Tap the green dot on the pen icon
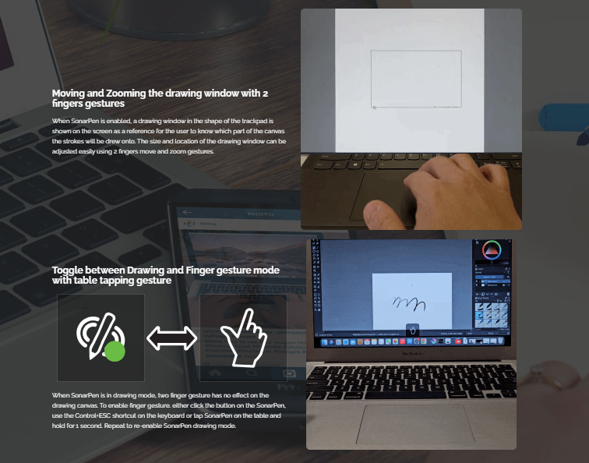[x=115, y=352]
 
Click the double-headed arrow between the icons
[x=171, y=338]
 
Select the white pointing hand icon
[x=243, y=338]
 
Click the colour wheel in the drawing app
[x=492, y=250]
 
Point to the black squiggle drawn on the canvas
[x=408, y=304]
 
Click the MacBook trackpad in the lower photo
[x=415, y=424]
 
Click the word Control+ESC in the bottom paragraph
[x=93, y=415]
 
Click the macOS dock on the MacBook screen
[x=411, y=341]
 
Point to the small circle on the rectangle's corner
[x=374, y=108]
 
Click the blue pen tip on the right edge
[x=583, y=137]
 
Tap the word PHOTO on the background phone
[x=261, y=214]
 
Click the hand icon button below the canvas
[x=412, y=330]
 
